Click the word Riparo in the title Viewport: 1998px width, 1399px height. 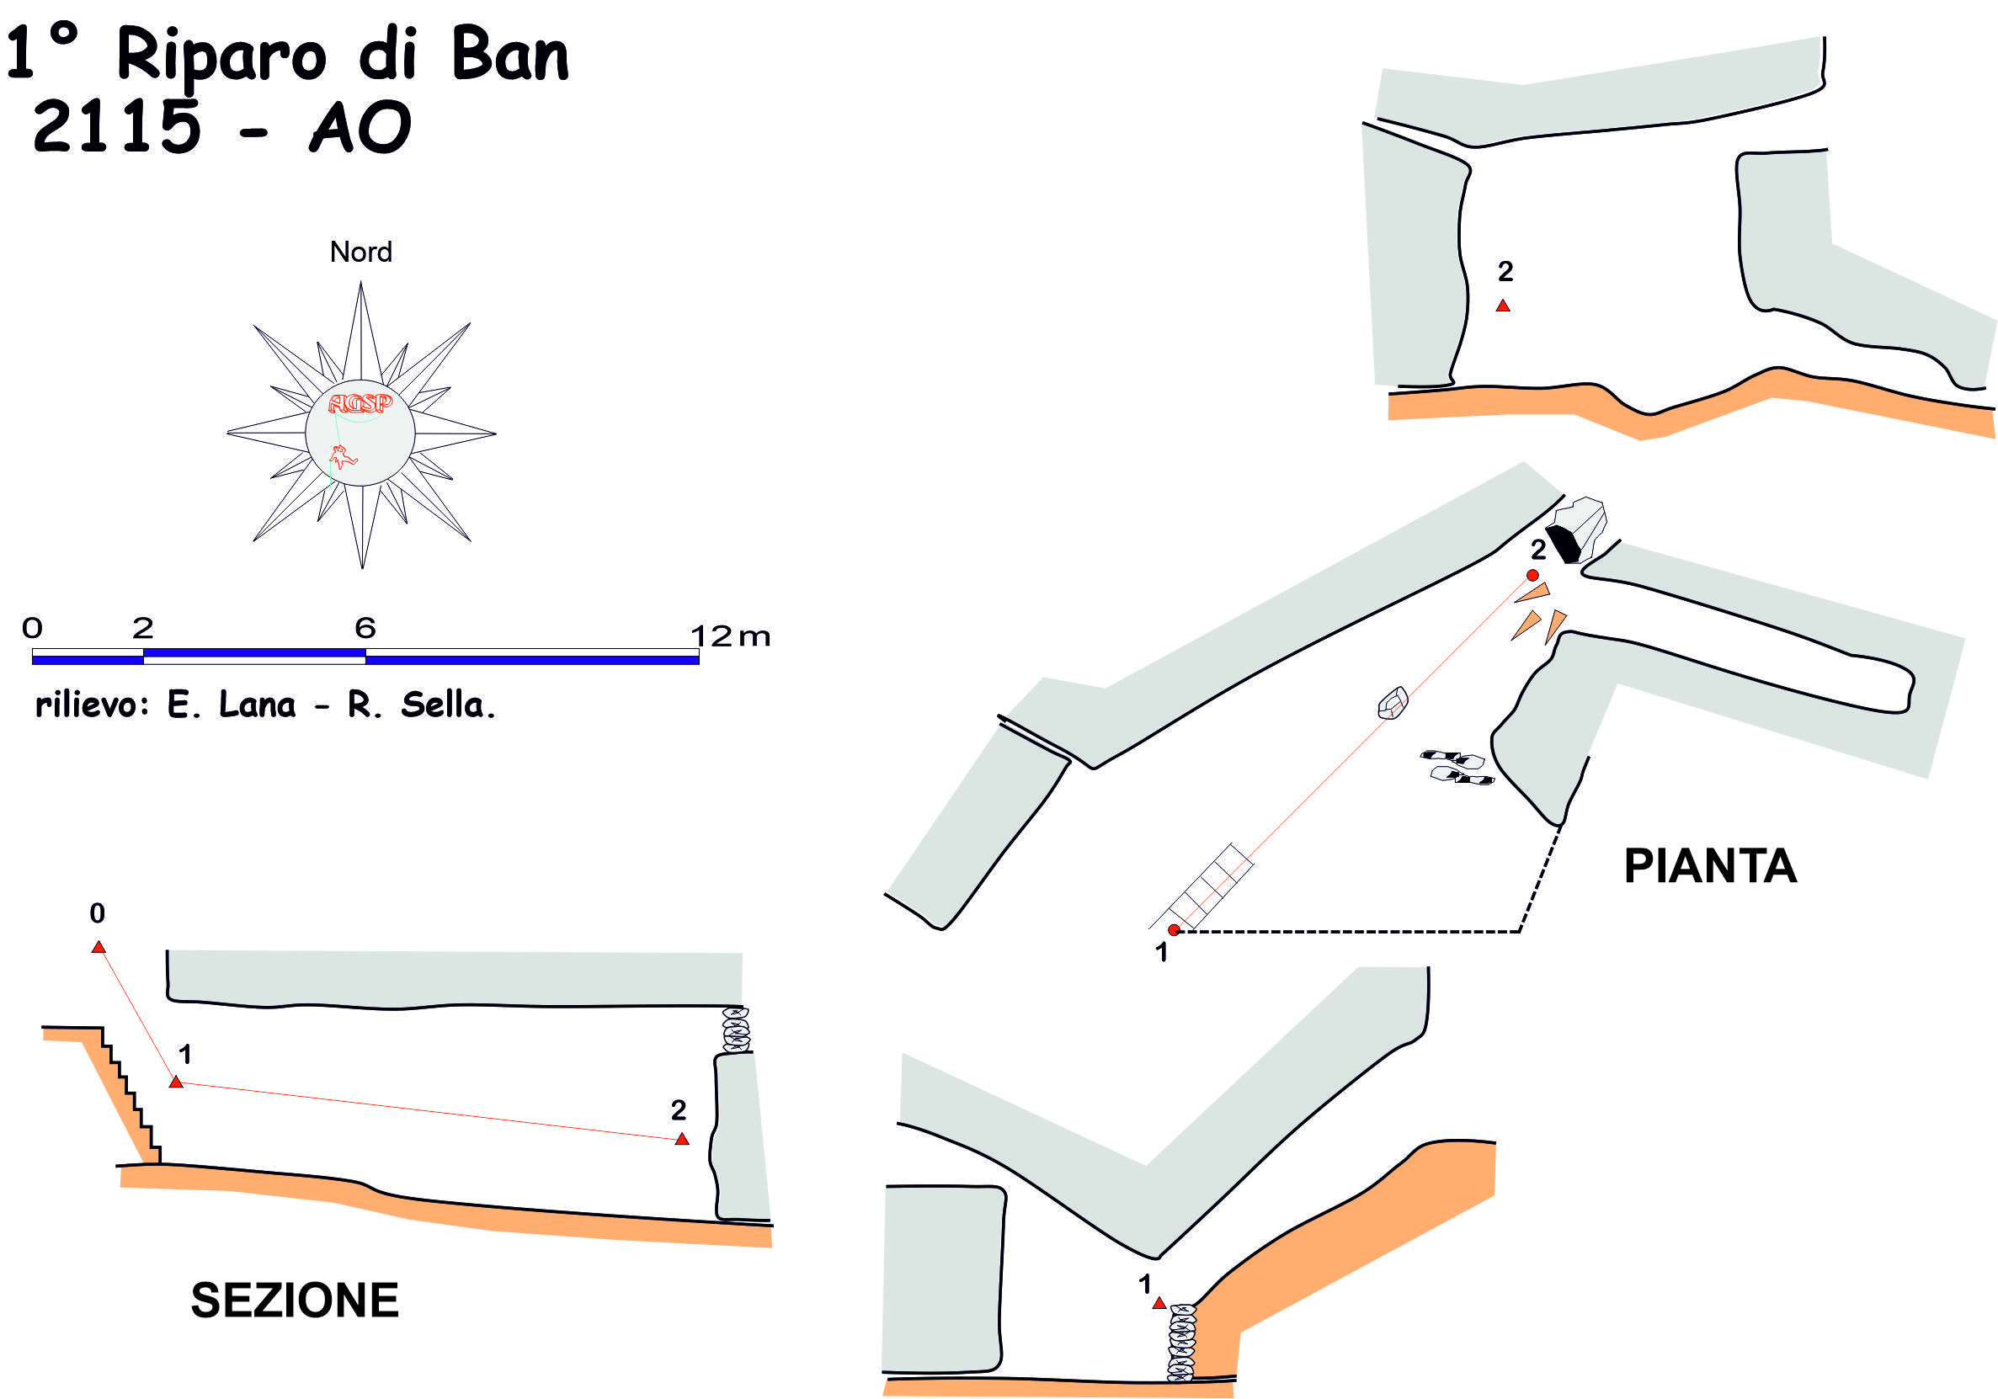click(x=221, y=56)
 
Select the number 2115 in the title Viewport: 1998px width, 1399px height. click(x=116, y=127)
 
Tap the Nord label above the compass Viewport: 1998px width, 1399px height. click(x=360, y=253)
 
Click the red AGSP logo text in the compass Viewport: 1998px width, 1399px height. click(x=360, y=403)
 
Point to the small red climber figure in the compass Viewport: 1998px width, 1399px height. click(x=342, y=456)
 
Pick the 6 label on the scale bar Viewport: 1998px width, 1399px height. click(x=365, y=627)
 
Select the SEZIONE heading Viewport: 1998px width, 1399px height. click(x=294, y=1301)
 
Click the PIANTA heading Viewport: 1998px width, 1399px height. click(x=1710, y=866)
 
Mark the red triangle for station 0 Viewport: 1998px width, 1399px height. click(x=99, y=947)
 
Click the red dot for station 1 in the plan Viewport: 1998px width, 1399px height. click(x=1173, y=930)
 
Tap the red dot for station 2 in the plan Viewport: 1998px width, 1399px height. click(x=1532, y=575)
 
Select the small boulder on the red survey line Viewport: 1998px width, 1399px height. click(x=1393, y=703)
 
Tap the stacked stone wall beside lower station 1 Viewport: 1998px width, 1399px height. click(x=1181, y=1343)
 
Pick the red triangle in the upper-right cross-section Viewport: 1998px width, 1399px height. click(x=1503, y=306)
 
